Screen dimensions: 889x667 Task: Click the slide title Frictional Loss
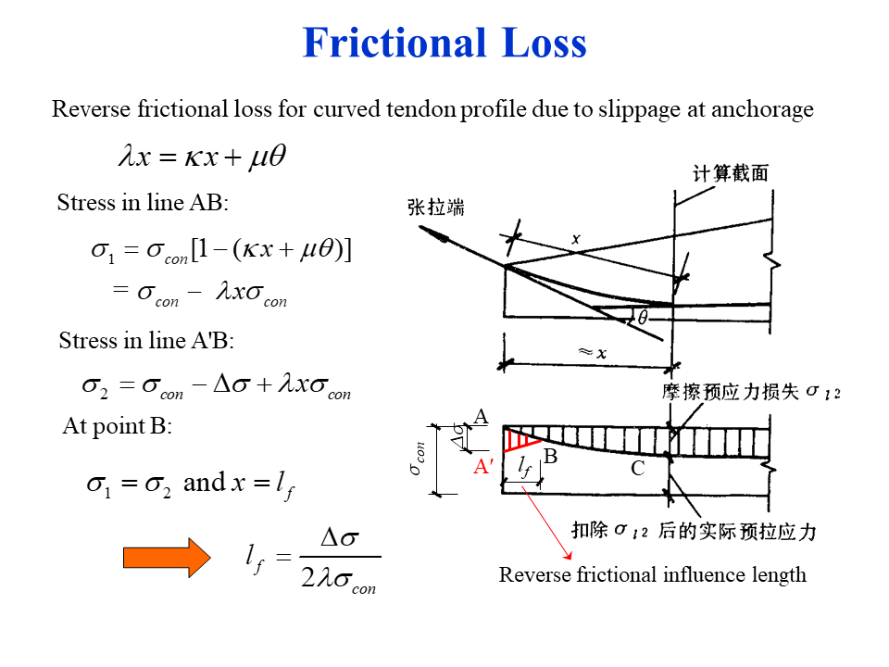(444, 43)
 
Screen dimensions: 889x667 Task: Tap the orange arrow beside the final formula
(168, 557)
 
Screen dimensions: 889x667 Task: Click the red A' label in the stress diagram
(482, 467)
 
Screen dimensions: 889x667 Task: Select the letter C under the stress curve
(637, 469)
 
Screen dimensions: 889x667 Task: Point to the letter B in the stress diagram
(550, 456)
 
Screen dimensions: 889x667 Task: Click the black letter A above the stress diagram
(481, 418)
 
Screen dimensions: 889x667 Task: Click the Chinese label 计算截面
(731, 173)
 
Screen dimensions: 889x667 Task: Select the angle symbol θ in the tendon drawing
(642, 318)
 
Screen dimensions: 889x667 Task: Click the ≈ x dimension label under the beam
(593, 353)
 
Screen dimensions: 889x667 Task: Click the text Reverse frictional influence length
(653, 574)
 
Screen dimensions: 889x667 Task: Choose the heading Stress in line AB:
(143, 202)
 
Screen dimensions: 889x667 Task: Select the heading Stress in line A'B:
(146, 341)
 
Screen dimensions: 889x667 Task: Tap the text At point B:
(118, 427)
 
